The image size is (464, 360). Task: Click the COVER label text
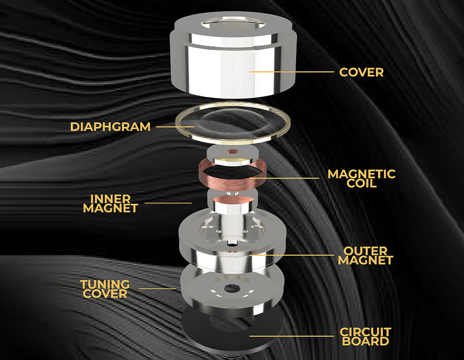tap(361, 72)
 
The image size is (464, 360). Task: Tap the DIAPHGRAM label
tap(110, 127)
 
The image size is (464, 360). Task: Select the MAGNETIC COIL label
tap(361, 178)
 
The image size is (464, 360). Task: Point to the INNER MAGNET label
tap(110, 203)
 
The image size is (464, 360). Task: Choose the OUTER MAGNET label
tap(366, 255)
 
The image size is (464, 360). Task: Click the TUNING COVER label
tap(105, 289)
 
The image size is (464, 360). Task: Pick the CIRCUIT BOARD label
tap(366, 337)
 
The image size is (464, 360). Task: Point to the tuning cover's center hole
tap(231, 288)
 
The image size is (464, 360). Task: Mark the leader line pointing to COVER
tap(291, 72)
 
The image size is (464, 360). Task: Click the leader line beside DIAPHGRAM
tap(175, 127)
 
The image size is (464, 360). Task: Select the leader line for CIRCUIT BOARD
tap(291, 336)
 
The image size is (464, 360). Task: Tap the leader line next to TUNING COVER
tap(157, 289)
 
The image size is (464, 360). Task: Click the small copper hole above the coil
tap(233, 152)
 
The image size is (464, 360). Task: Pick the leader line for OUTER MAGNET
tap(291, 255)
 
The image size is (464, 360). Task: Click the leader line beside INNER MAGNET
tap(168, 203)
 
